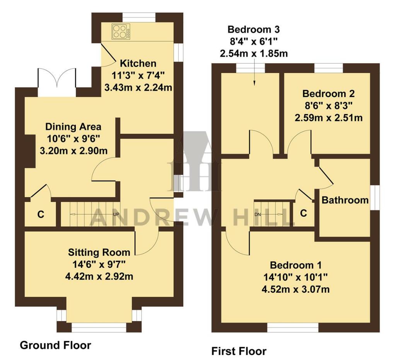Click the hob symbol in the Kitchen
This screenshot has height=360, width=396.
click(121, 31)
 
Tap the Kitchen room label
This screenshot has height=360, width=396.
click(138, 63)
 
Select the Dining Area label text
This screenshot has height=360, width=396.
click(73, 127)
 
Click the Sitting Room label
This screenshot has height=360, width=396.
click(99, 253)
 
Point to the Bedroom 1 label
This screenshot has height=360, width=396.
click(296, 265)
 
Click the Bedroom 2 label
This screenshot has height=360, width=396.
click(329, 93)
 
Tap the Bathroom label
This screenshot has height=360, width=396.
click(345, 200)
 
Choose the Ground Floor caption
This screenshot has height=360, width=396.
click(55, 345)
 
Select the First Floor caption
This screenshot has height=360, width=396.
click(239, 351)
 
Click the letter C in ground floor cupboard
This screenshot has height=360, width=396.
click(41, 215)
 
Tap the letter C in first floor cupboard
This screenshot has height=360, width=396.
click(304, 213)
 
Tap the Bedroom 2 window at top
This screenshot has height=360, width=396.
click(329, 68)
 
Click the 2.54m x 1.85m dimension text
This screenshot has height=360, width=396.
click(254, 53)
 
